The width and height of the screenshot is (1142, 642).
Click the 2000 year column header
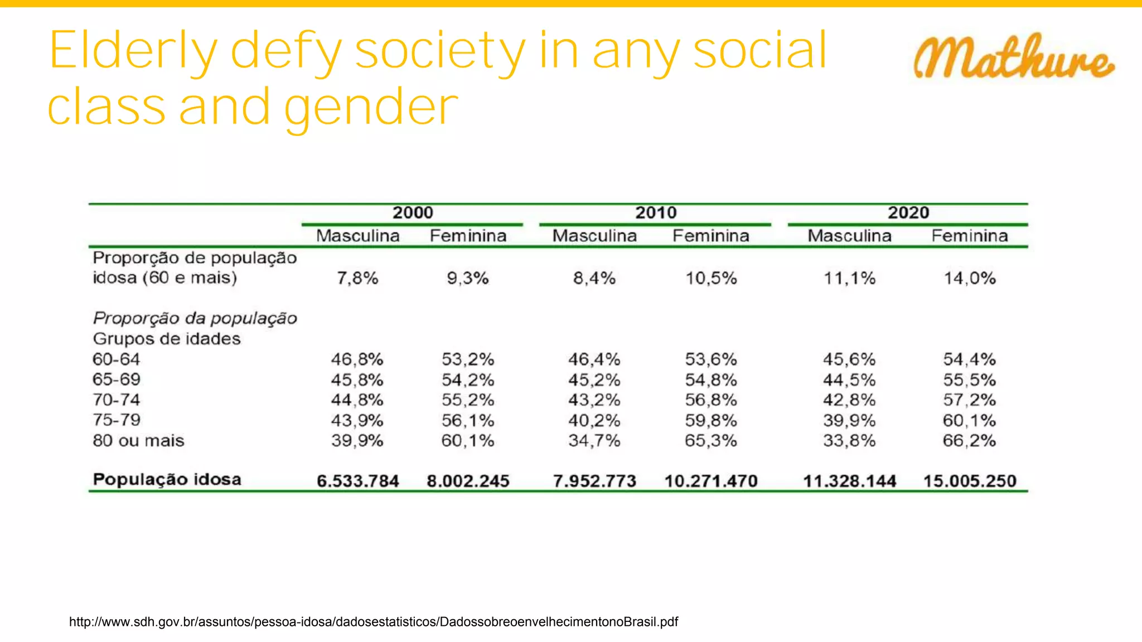click(x=413, y=213)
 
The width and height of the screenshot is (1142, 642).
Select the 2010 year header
click(x=656, y=213)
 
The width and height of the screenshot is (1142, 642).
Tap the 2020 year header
click(x=908, y=213)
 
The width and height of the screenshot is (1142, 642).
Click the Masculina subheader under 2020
click(x=849, y=236)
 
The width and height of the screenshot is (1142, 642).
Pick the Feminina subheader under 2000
click(x=468, y=236)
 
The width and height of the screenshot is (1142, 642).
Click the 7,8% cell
click(x=357, y=278)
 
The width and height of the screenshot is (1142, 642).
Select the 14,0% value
click(x=969, y=278)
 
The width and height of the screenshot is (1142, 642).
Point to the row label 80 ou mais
click(x=138, y=441)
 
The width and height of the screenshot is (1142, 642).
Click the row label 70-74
click(x=116, y=400)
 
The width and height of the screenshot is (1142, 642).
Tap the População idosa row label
click(x=167, y=480)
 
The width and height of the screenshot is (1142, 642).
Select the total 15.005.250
click(x=970, y=481)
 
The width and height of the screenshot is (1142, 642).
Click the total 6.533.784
click(x=357, y=481)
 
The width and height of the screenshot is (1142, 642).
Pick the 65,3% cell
click(x=711, y=441)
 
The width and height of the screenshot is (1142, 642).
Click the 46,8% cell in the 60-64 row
click(x=357, y=359)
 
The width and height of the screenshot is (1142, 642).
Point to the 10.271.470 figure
click(x=711, y=481)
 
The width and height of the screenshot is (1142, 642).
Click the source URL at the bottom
click(x=373, y=622)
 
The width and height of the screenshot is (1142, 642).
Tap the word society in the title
click(x=440, y=51)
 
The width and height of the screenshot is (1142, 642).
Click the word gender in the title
click(x=371, y=107)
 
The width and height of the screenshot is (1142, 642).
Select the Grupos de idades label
click(x=167, y=339)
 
